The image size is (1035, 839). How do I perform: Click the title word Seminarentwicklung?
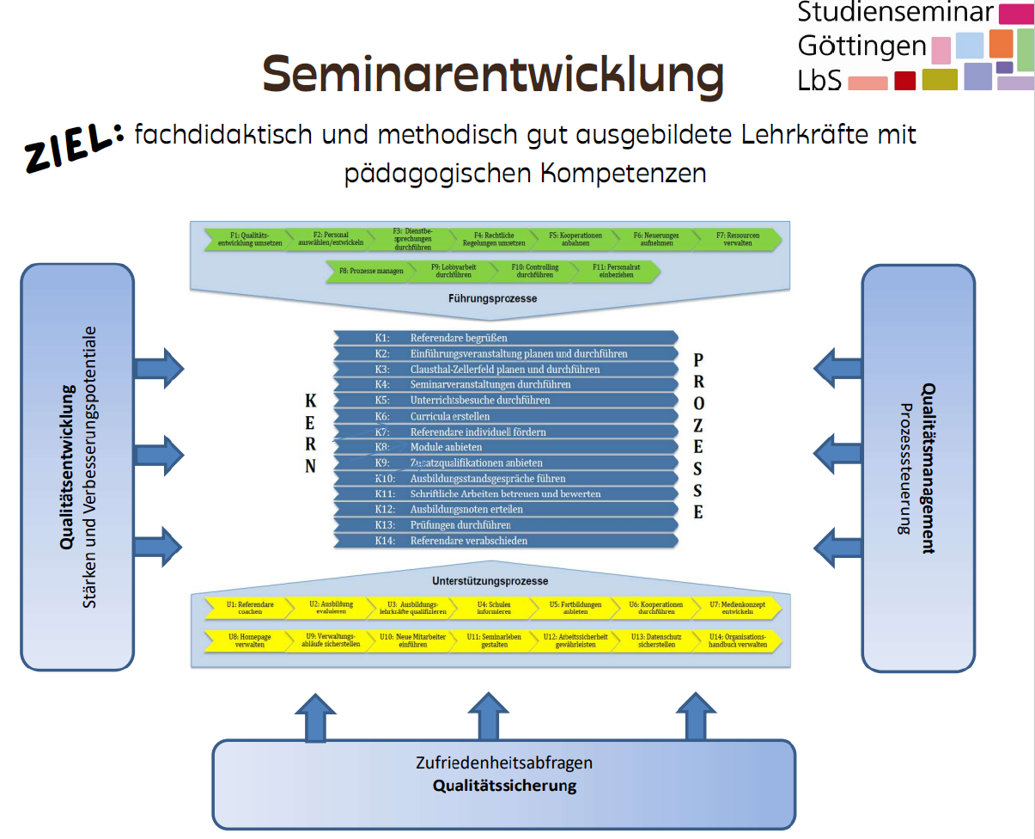(493, 75)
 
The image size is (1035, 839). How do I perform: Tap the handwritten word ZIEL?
(71, 147)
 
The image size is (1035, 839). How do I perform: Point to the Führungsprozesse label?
(492, 299)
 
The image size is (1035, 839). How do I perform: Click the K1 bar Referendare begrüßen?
(506, 338)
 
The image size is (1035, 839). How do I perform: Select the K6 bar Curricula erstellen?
(506, 416)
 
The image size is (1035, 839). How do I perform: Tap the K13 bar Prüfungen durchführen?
(506, 525)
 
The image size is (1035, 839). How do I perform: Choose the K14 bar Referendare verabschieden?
(506, 541)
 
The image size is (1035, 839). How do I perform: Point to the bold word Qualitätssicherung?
(504, 786)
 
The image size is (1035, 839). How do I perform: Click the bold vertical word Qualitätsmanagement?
(928, 468)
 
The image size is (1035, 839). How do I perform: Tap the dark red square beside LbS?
(904, 81)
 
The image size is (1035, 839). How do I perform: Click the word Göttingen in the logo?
(861, 46)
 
